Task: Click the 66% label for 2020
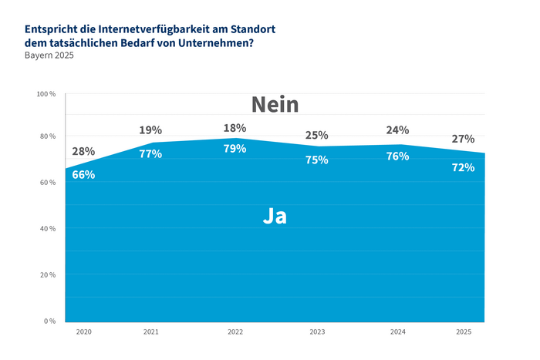click(83, 175)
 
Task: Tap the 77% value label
click(150, 153)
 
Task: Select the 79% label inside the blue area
click(235, 148)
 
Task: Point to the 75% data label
click(316, 160)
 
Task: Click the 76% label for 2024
click(397, 156)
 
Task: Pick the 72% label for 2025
click(463, 167)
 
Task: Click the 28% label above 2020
click(83, 152)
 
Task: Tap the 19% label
click(150, 130)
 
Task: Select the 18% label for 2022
click(235, 128)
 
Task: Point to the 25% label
click(316, 136)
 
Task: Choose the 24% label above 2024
click(397, 130)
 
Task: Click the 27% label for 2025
click(463, 139)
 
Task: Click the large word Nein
click(275, 105)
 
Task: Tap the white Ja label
click(275, 217)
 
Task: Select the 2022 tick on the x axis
click(235, 331)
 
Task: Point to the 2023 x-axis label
click(316, 331)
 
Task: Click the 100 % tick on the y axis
click(46, 94)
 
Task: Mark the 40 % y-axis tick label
click(47, 229)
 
